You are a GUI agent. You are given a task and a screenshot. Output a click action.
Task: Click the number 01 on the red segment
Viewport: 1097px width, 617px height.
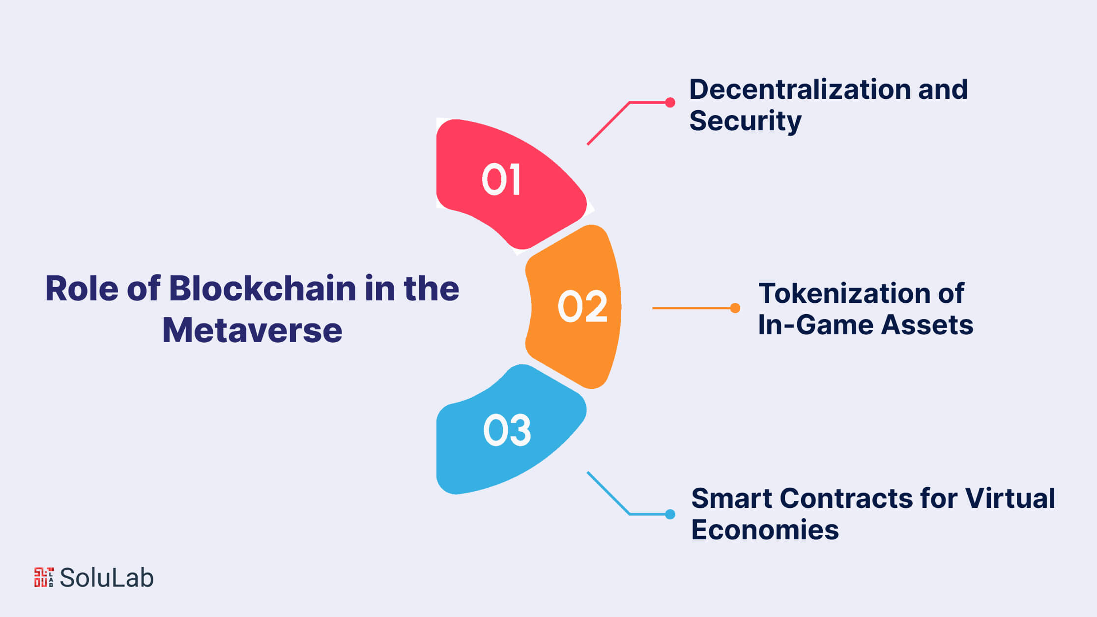[x=501, y=179]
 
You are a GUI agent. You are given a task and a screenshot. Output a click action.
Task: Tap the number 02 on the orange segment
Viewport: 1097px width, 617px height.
[x=583, y=306]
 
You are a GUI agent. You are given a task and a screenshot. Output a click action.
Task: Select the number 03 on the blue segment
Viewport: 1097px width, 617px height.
[x=507, y=430]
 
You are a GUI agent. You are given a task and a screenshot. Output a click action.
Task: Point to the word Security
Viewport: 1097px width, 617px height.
[x=745, y=121]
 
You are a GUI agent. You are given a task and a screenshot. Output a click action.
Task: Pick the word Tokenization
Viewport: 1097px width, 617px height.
[x=844, y=294]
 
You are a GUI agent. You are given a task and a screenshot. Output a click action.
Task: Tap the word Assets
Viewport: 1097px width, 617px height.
[x=927, y=325]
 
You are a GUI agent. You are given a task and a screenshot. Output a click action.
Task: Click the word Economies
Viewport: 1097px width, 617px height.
[x=765, y=530]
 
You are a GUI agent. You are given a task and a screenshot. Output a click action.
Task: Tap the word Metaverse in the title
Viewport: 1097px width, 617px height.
[x=252, y=330]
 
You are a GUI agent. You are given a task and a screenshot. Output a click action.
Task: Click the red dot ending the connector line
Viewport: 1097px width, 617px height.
[x=670, y=102]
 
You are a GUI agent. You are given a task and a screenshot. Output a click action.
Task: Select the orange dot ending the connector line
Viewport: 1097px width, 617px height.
[x=735, y=308]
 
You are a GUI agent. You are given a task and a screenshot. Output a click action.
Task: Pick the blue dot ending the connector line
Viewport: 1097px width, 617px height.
[x=670, y=514]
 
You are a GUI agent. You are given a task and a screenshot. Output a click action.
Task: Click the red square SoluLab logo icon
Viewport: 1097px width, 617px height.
[x=44, y=577]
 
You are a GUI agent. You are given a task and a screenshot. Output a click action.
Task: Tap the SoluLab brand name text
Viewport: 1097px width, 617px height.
[x=107, y=578]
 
